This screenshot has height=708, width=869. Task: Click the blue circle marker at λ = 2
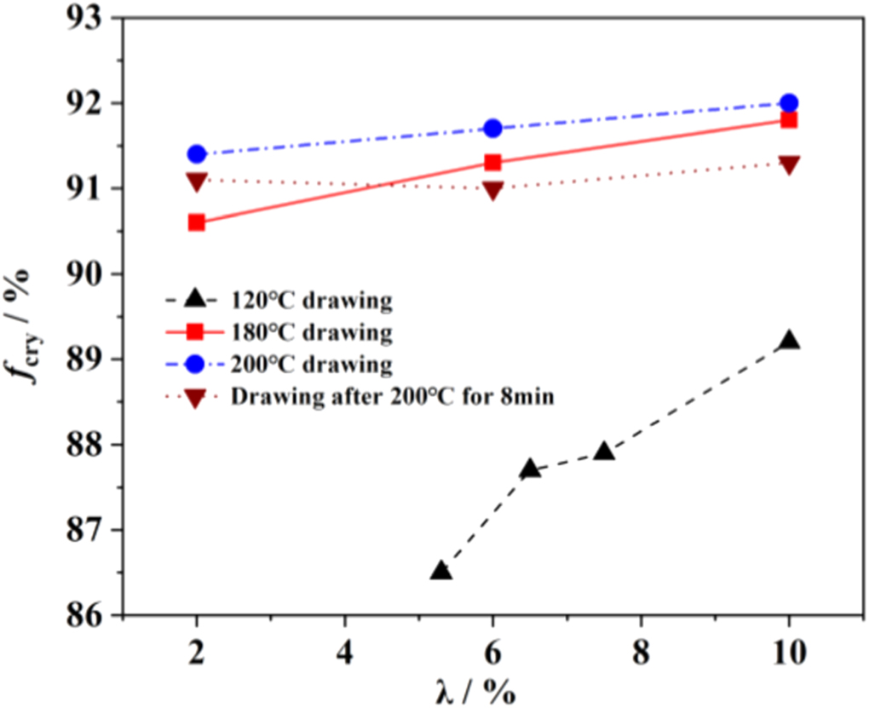[197, 154]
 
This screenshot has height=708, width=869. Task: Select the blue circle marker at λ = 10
[789, 103]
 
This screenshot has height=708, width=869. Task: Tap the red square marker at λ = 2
[197, 222]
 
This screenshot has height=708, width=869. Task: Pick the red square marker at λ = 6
[492, 163]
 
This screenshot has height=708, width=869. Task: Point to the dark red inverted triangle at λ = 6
[492, 190]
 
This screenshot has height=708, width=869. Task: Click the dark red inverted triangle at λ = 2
[197, 181]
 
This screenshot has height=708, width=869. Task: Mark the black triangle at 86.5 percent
[440, 571]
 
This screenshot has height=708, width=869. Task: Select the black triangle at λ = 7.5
[604, 452]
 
